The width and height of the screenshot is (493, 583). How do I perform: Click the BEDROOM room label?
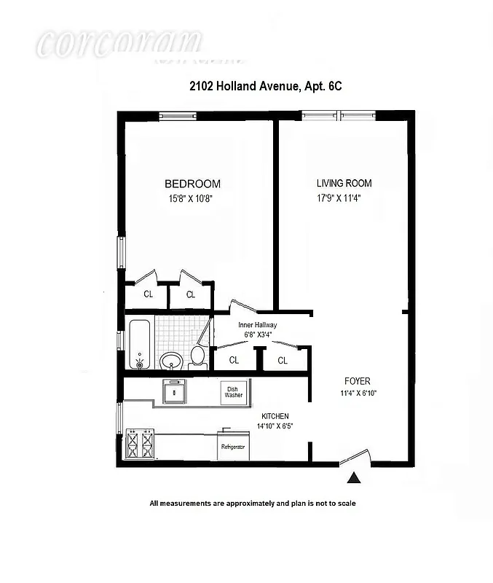click(x=192, y=184)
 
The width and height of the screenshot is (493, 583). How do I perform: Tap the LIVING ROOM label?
click(x=344, y=184)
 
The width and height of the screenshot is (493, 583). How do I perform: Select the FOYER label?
click(x=358, y=381)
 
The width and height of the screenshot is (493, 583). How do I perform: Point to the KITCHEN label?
click(x=273, y=415)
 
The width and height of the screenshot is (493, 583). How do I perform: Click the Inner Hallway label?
click(x=258, y=326)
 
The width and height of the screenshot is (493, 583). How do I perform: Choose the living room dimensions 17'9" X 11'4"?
click(x=339, y=197)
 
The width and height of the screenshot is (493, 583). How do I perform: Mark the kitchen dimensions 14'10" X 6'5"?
click(x=274, y=426)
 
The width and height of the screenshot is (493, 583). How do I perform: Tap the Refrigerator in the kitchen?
click(x=234, y=446)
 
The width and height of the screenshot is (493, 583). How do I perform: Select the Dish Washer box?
click(x=233, y=393)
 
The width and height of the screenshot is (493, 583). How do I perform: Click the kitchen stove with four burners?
click(x=141, y=443)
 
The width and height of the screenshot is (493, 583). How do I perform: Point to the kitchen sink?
click(x=173, y=391)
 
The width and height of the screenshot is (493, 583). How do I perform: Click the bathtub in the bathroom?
click(x=139, y=343)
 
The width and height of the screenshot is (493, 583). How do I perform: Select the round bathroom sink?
click(x=170, y=360)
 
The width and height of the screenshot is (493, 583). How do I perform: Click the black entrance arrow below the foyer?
click(x=354, y=478)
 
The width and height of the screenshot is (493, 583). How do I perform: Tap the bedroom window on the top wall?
click(x=178, y=114)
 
